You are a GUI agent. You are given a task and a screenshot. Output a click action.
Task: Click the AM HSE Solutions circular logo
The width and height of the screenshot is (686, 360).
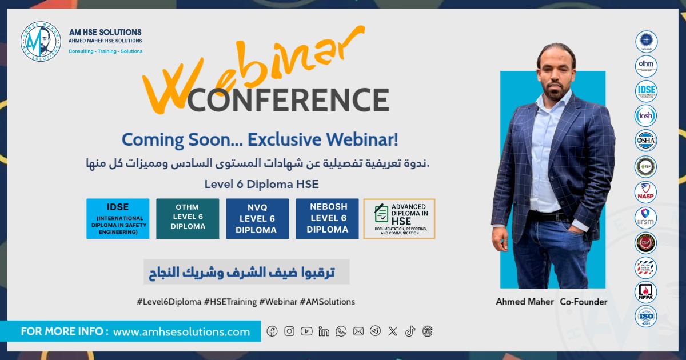pyautogui.click(x=41, y=42)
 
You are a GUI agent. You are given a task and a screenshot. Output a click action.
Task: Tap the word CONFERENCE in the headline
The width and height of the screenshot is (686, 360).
pyautogui.click(x=288, y=100)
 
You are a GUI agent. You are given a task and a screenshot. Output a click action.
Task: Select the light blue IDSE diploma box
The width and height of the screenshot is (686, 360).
pyautogui.click(x=118, y=218)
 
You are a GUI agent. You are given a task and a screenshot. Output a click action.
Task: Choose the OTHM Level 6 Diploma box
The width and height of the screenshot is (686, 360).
pyautogui.click(x=188, y=218)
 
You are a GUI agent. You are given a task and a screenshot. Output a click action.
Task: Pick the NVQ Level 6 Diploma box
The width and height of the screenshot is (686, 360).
pyautogui.click(x=257, y=218)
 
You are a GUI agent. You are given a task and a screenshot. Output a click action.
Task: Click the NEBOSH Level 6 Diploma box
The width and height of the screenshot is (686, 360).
pyautogui.click(x=327, y=218)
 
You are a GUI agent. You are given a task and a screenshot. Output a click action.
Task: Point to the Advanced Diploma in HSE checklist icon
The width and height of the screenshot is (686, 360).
pyautogui.click(x=381, y=213)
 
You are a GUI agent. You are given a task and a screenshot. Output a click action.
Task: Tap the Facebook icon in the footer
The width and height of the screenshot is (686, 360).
pyautogui.click(x=272, y=331)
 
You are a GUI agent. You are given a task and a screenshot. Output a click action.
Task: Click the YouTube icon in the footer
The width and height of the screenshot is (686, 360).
pyautogui.click(x=306, y=331)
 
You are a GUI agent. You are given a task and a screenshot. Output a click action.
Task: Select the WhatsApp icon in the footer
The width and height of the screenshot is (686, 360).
pyautogui.click(x=341, y=331)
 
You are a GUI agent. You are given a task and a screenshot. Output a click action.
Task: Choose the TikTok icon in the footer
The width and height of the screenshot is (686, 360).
pyautogui.click(x=410, y=331)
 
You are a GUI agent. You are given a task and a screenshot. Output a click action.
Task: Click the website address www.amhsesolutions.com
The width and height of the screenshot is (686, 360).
pyautogui.click(x=181, y=332)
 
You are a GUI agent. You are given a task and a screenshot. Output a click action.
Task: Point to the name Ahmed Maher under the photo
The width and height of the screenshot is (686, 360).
pyautogui.click(x=525, y=302)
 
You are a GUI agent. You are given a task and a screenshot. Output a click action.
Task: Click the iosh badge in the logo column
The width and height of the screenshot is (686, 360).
pyautogui.click(x=646, y=116)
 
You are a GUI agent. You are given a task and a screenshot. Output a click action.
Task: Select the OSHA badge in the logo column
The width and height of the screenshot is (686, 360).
pyautogui.click(x=646, y=141)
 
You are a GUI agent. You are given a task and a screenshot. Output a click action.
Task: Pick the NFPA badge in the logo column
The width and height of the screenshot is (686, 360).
pyautogui.click(x=646, y=292)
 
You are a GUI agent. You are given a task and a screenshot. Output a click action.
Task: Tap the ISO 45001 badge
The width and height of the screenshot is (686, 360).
pyautogui.click(x=646, y=317)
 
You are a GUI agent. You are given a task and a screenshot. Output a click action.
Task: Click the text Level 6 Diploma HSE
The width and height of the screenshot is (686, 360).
pyautogui.click(x=261, y=184)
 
